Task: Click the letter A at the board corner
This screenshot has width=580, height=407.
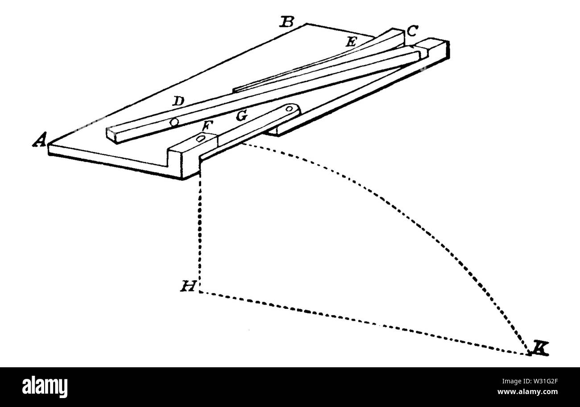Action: pyautogui.click(x=40, y=139)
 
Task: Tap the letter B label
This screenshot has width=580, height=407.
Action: pyautogui.click(x=287, y=22)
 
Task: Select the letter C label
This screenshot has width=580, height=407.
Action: pyautogui.click(x=412, y=31)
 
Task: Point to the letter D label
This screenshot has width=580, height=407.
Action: pyautogui.click(x=178, y=101)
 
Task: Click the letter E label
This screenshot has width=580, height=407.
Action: pyautogui.click(x=352, y=42)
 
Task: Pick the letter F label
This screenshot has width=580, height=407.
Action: pyautogui.click(x=207, y=126)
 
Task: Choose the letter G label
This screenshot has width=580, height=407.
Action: pyautogui.click(x=241, y=116)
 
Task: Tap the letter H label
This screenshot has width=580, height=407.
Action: pyautogui.click(x=188, y=286)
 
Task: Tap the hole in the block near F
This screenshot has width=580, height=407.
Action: pyautogui.click(x=200, y=139)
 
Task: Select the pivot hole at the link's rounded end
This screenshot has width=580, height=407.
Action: pyautogui.click(x=289, y=109)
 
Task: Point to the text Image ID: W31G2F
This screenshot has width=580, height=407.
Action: pyautogui.click(x=530, y=381)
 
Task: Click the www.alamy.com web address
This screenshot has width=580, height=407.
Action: pyautogui.click(x=527, y=392)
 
